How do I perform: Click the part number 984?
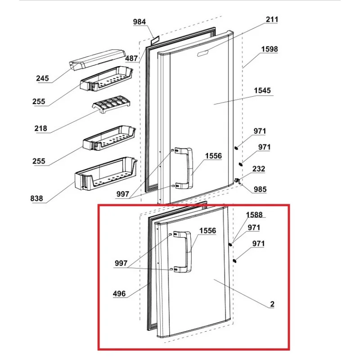(139, 22)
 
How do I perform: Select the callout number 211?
(272, 19)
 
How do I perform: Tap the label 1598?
(269, 49)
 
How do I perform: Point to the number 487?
(131, 58)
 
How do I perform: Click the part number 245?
(43, 79)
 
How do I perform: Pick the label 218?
(40, 128)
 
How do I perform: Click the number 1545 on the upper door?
(262, 90)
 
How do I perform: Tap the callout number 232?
(259, 169)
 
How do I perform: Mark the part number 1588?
(254, 215)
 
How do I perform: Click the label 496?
(119, 294)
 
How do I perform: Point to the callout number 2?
(272, 305)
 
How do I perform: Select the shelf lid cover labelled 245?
(97, 59)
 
